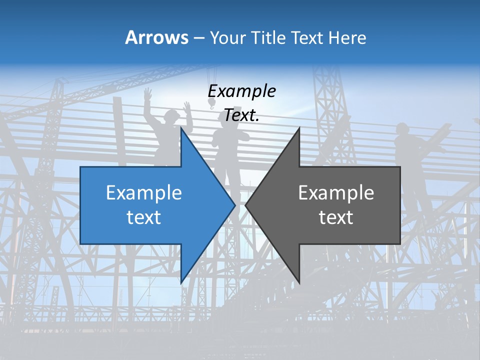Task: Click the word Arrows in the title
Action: pos(156,37)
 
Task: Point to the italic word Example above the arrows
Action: pos(241,91)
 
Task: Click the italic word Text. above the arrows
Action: pos(241,115)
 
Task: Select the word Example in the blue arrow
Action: pos(144,192)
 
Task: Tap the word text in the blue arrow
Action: pos(144,217)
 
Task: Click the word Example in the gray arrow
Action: pos(336,192)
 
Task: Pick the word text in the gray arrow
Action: pos(336,217)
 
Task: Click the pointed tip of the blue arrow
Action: pos(234,204)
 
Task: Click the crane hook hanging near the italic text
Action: pos(211,103)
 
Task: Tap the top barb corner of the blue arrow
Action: pos(181,128)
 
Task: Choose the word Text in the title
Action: pos(307,37)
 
